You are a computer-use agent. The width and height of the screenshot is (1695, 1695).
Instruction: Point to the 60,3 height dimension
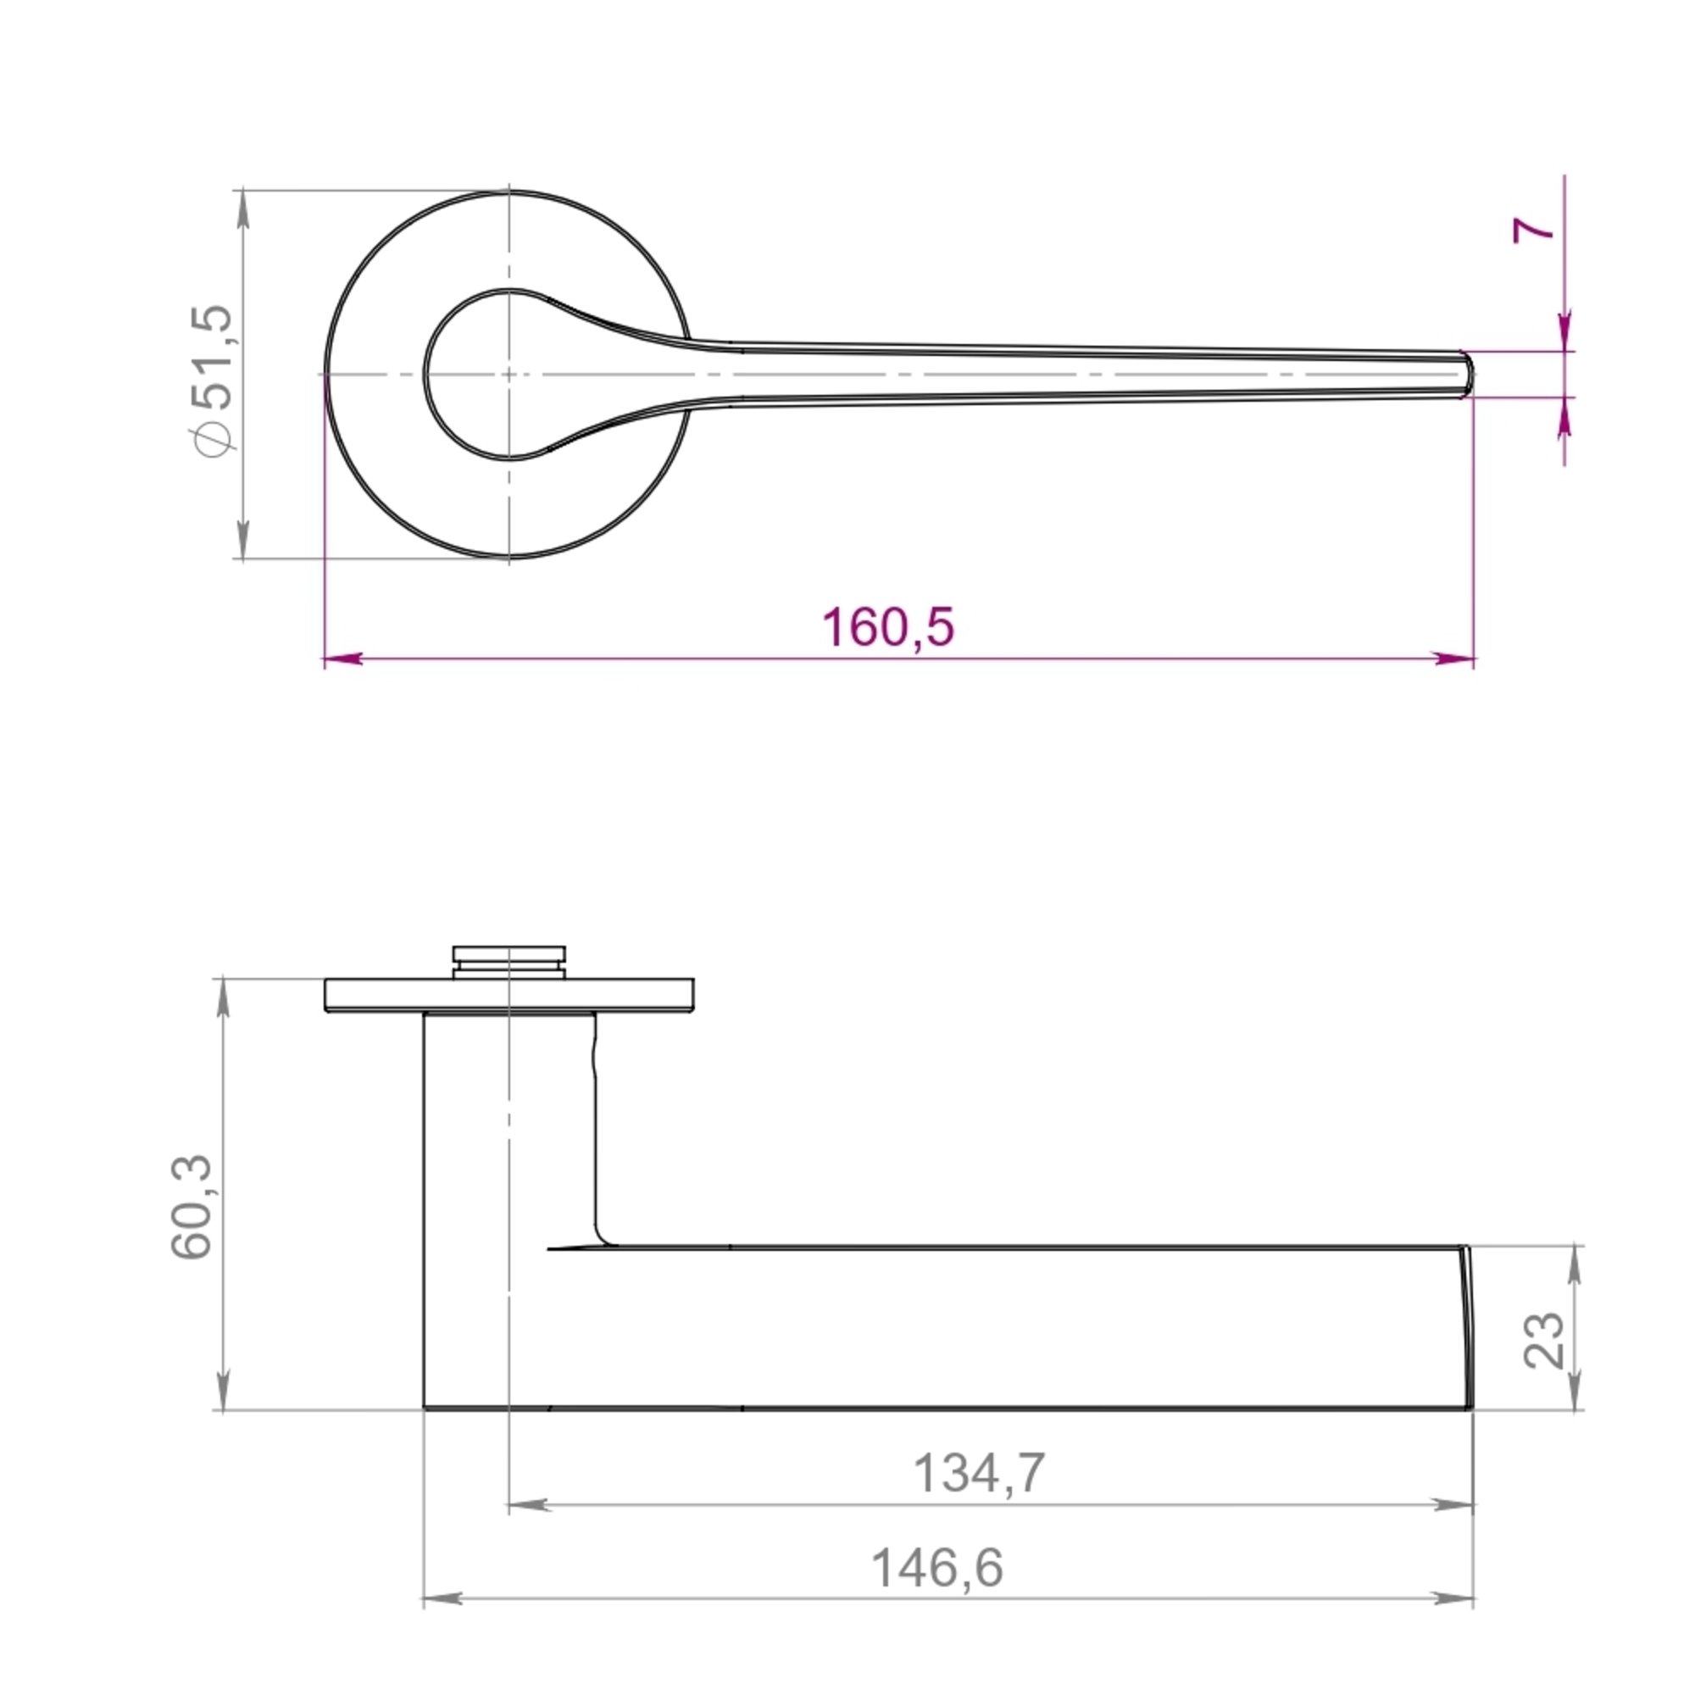click(x=192, y=1207)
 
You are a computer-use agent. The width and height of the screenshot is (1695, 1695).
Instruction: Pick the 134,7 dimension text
click(x=979, y=1473)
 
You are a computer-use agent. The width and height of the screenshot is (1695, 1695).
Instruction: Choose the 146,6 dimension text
click(x=936, y=1568)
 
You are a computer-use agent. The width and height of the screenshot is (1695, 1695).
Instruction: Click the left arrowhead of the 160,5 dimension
click(x=343, y=658)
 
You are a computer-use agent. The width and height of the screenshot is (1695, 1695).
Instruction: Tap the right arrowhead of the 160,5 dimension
click(x=1454, y=658)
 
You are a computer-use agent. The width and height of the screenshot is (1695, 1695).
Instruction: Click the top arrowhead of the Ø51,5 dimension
click(x=243, y=208)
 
